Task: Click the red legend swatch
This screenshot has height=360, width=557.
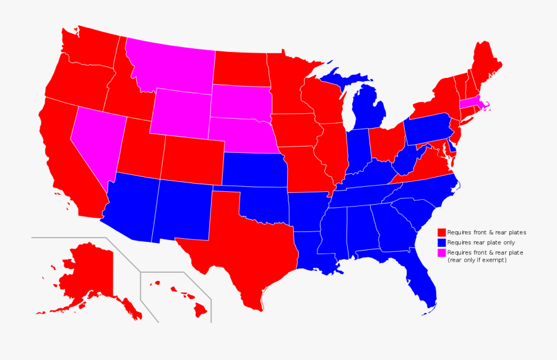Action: coord(442,232)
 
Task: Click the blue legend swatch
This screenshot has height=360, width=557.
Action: coord(442,242)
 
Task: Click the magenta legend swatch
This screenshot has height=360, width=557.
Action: coord(442,252)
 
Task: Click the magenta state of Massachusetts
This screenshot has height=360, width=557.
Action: coord(470,103)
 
